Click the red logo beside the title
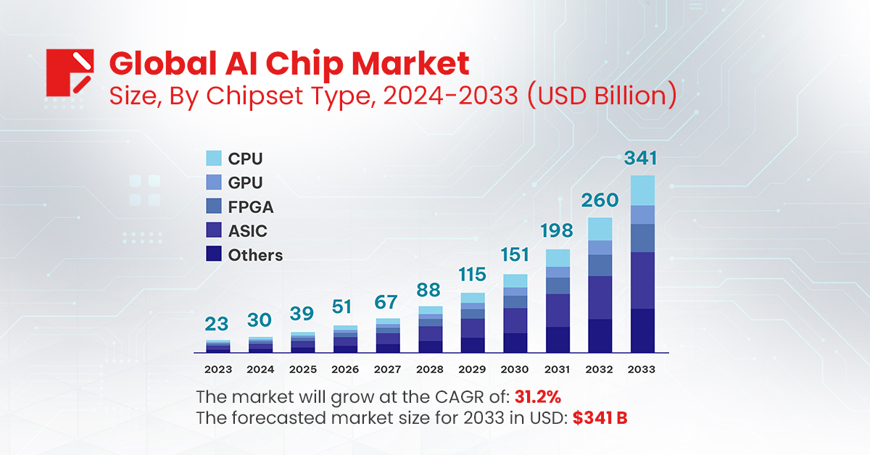70,72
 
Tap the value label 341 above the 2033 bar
642,158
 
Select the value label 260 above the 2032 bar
600,200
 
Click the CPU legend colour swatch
213,159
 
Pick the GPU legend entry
245,183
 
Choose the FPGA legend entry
250,207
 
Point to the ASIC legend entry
247,231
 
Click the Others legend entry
254,255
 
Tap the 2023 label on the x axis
218,370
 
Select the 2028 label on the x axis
430,370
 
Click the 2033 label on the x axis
642,370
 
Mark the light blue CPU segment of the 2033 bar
642,191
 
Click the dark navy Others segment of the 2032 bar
600,335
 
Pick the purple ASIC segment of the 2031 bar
558,310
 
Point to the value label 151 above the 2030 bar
515,256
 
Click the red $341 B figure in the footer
600,418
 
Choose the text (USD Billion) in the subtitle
602,95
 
